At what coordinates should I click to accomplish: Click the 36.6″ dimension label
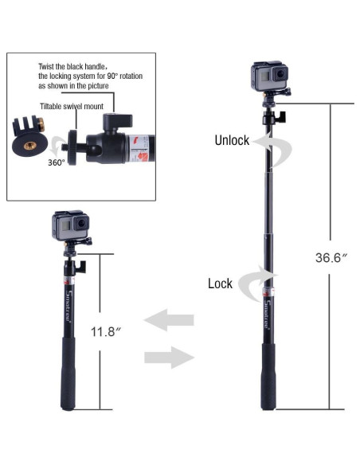click(331, 257)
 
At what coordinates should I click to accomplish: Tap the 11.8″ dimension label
click(106, 331)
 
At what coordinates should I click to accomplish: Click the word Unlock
click(232, 140)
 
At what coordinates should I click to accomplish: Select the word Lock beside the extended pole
click(220, 283)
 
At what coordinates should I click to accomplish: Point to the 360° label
click(56, 162)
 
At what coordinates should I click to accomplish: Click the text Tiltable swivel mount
click(72, 106)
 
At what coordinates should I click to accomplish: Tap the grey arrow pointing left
click(168, 320)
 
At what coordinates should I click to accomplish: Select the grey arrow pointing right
click(169, 358)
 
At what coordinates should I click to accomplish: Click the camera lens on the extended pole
click(280, 74)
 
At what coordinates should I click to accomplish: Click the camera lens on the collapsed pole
click(81, 223)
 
